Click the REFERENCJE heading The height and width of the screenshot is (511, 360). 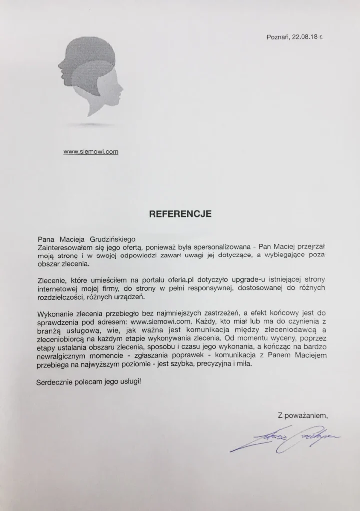point(180,213)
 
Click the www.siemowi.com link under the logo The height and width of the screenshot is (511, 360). point(91,152)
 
